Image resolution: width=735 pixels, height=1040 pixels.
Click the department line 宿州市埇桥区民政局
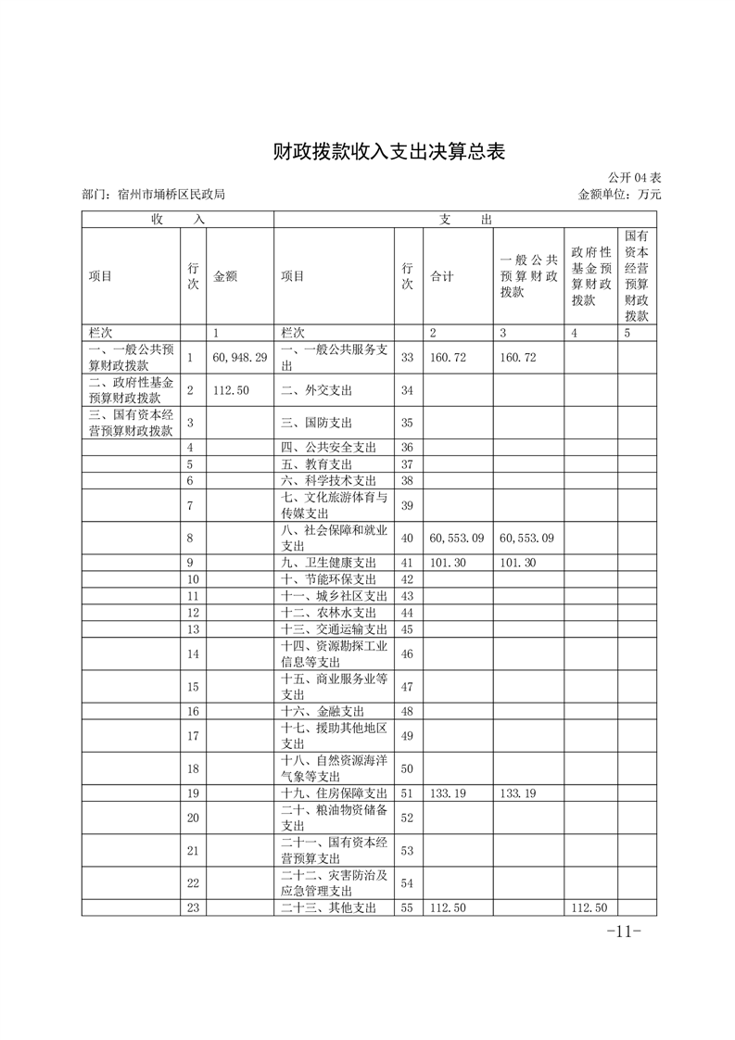pos(154,195)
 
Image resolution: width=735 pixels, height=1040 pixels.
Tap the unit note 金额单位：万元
pos(619,195)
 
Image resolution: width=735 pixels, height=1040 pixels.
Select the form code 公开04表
pos(634,177)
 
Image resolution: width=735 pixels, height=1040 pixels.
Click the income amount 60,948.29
pos(239,357)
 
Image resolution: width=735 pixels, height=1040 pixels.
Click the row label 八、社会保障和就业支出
pos(333,538)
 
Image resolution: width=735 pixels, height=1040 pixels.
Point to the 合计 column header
pos(442,276)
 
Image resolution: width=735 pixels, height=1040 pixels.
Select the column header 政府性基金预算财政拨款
pos(590,276)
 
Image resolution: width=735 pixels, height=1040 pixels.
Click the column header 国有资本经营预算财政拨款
pos(636,276)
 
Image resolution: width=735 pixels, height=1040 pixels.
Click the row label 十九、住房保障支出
pos(333,793)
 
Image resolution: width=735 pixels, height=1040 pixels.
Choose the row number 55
pos(407,907)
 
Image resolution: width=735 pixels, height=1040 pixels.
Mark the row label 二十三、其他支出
pos(327,907)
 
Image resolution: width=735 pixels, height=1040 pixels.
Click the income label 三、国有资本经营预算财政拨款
pos(131,424)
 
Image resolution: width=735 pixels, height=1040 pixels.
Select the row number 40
pos(407,538)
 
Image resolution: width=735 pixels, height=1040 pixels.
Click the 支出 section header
pos(465,219)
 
